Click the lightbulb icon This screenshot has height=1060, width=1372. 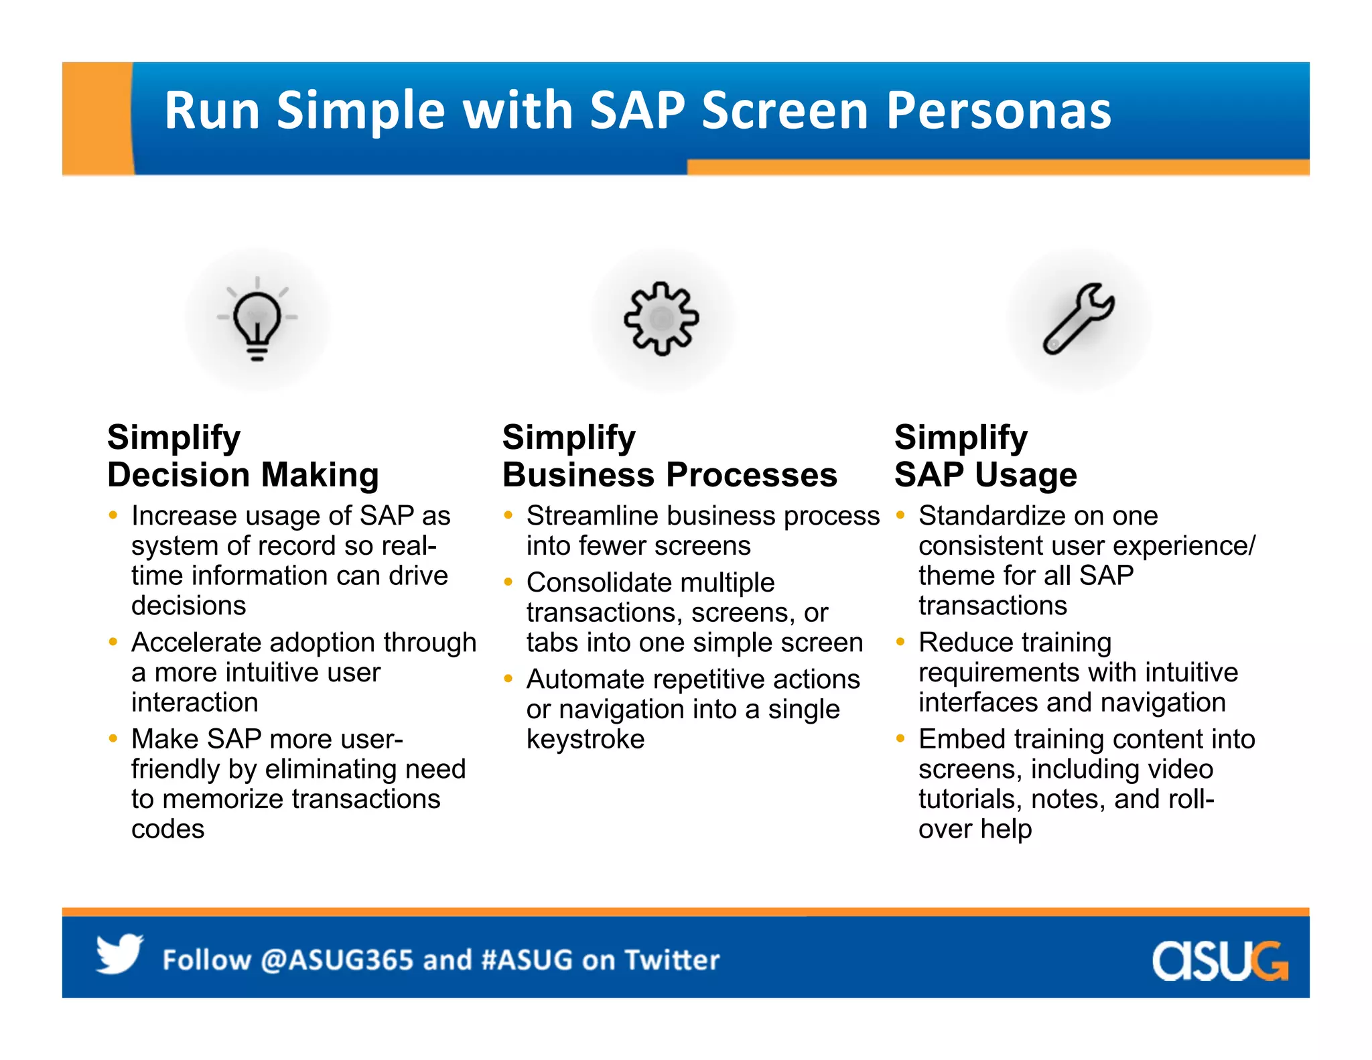pyautogui.click(x=257, y=319)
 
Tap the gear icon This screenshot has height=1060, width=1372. pyautogui.click(x=661, y=318)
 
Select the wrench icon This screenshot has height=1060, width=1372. pyautogui.click(x=1079, y=318)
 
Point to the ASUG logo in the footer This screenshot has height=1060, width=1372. pyautogui.click(x=1219, y=960)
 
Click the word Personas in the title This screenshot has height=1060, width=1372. pyautogui.click(x=998, y=111)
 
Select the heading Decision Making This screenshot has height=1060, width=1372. pyautogui.click(x=243, y=474)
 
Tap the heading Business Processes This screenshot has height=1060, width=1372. pyautogui.click(x=669, y=474)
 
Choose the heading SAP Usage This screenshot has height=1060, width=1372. pyautogui.click(x=985, y=474)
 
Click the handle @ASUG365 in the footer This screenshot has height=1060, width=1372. pyautogui.click(x=337, y=959)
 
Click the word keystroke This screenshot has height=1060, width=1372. pyautogui.click(x=585, y=739)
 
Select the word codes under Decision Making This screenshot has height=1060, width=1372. pyautogui.click(x=167, y=829)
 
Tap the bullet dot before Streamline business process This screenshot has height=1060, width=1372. pyautogui.click(x=508, y=515)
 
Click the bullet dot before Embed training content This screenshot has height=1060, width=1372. pyautogui.click(x=900, y=738)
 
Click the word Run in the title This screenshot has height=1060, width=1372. pyautogui.click(x=212, y=111)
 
